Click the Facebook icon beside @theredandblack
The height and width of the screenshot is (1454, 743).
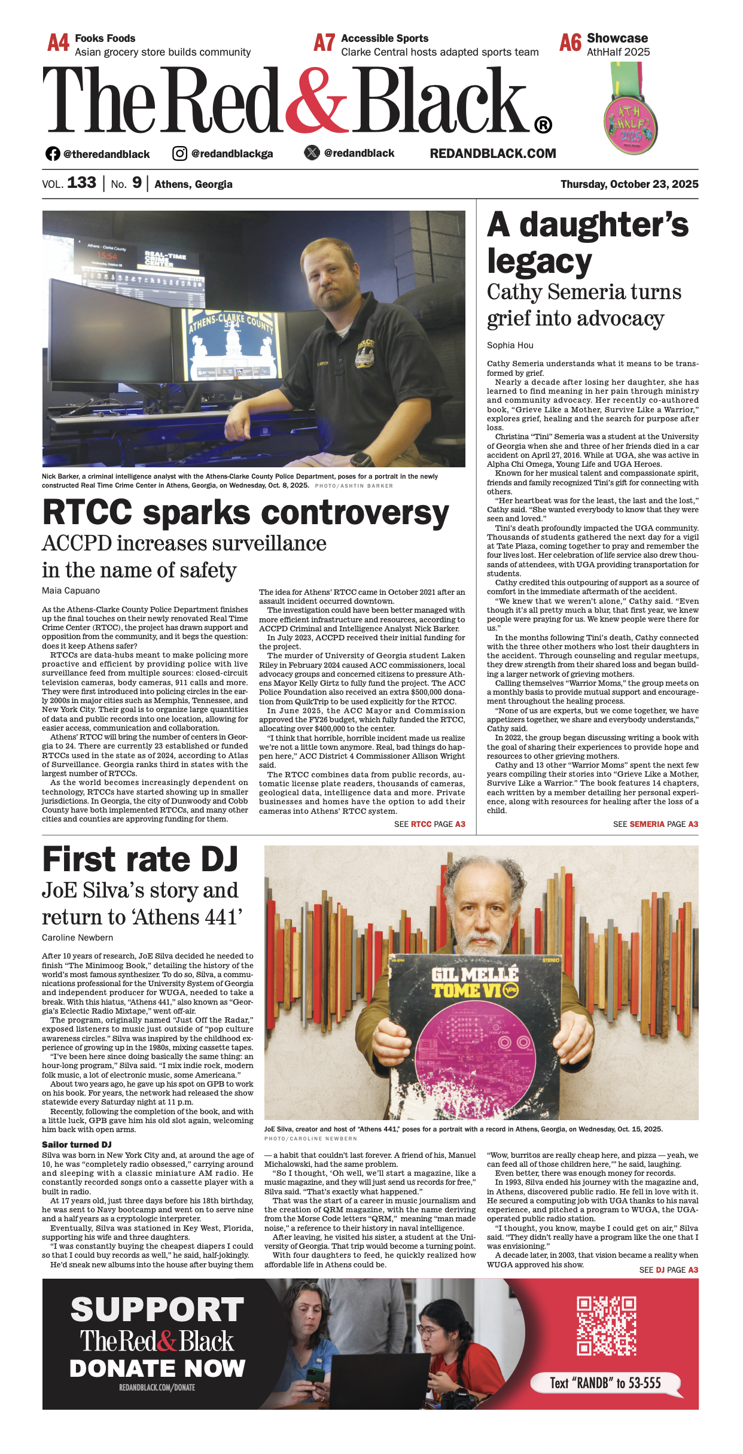53,154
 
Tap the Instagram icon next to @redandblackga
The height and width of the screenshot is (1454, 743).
179,154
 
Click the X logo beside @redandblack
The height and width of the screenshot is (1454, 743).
312,153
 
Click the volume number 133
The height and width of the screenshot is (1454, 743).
81,183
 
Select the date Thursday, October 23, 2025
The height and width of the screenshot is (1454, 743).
629,184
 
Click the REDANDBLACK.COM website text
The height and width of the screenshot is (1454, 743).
493,154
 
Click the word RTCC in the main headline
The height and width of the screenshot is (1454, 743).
87,513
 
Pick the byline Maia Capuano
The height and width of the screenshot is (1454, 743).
71,591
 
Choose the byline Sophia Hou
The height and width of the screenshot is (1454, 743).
510,345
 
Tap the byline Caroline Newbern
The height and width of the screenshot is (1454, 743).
77,938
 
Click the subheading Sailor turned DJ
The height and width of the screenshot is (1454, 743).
77,1145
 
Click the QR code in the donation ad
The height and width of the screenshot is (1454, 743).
606,1325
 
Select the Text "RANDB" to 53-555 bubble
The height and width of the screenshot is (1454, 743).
605,1382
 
